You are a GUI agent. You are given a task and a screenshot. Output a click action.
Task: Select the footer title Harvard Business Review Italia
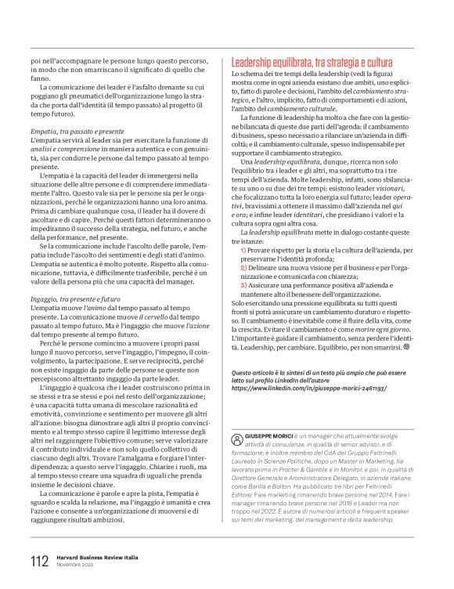tap(97, 557)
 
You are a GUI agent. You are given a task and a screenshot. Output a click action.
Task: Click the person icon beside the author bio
tap(238, 440)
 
